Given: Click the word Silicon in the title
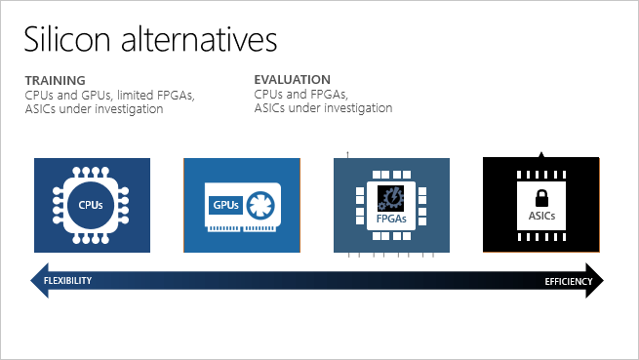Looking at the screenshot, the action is (67, 39).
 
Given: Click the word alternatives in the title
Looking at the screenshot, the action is (199, 39).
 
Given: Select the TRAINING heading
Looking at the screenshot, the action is (55, 80).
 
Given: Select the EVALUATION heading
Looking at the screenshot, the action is (293, 79).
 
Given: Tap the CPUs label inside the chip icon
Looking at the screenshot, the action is (91, 205).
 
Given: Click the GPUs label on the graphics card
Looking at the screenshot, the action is (225, 205).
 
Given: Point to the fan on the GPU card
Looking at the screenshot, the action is (260, 205).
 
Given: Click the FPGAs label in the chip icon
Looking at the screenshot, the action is (391, 219).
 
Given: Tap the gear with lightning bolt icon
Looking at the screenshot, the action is (391, 198).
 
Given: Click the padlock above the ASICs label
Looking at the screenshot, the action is (541, 199).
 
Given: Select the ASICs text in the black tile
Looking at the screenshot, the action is (541, 216).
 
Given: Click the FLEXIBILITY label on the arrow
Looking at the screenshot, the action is (67, 281).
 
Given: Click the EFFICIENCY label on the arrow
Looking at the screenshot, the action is (569, 281).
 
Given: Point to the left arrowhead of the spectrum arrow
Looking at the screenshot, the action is (40, 281).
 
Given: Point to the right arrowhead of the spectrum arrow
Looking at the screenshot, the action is (594, 281).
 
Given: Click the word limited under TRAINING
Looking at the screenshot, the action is (135, 95).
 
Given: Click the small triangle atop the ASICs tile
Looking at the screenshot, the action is (541, 155).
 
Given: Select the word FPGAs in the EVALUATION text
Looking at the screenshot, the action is (330, 95).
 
